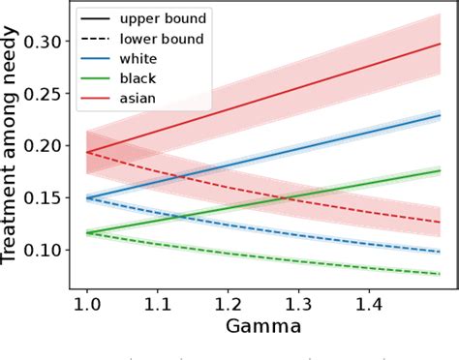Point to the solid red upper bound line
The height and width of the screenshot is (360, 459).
tap(291, 93)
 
